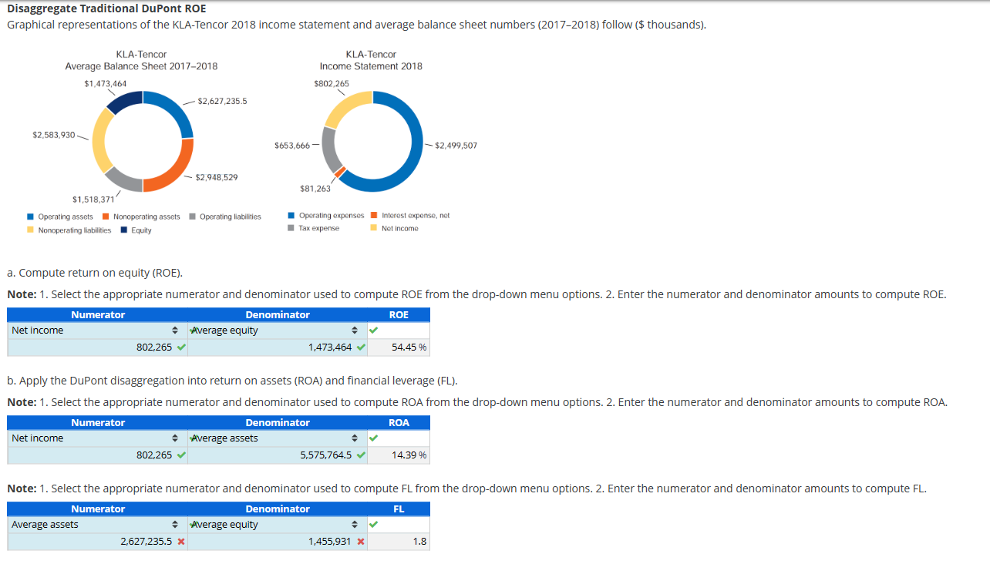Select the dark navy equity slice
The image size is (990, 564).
[124, 100]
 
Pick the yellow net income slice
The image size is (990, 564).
[347, 107]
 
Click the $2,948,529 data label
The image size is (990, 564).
[217, 177]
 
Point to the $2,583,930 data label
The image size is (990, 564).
[53, 135]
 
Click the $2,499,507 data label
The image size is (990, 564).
[456, 145]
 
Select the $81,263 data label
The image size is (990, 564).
[315, 188]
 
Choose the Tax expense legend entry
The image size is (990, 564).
[318, 228]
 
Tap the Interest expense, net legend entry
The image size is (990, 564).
[416, 216]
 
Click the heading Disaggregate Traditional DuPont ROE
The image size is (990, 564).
[106, 8]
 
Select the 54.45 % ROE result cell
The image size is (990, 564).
[409, 347]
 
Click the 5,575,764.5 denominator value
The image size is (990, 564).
[326, 455]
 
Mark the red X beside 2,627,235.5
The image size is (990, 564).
[181, 542]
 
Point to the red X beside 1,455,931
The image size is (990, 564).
[361, 542]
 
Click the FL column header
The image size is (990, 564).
[399, 509]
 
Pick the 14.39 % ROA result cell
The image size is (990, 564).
[409, 455]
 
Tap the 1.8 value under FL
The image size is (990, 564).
[419, 542]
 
